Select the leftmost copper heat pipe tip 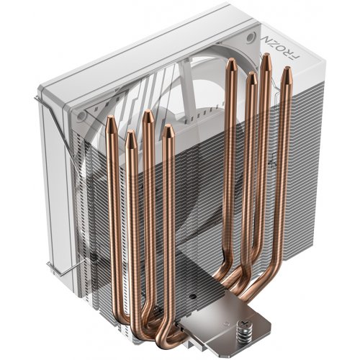(x=112, y=122)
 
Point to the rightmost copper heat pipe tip (x=286, y=71)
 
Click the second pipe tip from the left (x=130, y=135)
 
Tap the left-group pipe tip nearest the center (x=168, y=130)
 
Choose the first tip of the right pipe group (x=230, y=64)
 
